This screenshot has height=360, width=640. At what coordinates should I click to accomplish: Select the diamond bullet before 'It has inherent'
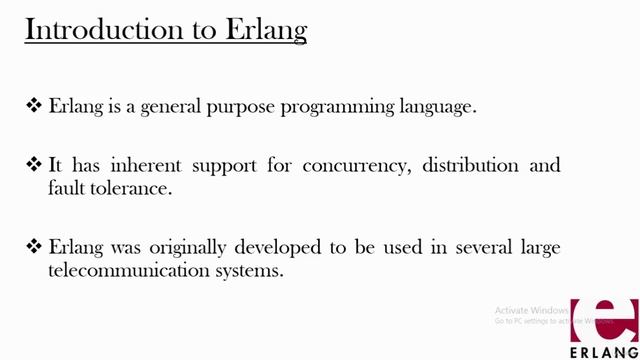34,164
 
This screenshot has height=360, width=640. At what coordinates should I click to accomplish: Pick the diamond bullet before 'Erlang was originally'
34,246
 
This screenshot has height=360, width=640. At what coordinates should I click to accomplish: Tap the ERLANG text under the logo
603,351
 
